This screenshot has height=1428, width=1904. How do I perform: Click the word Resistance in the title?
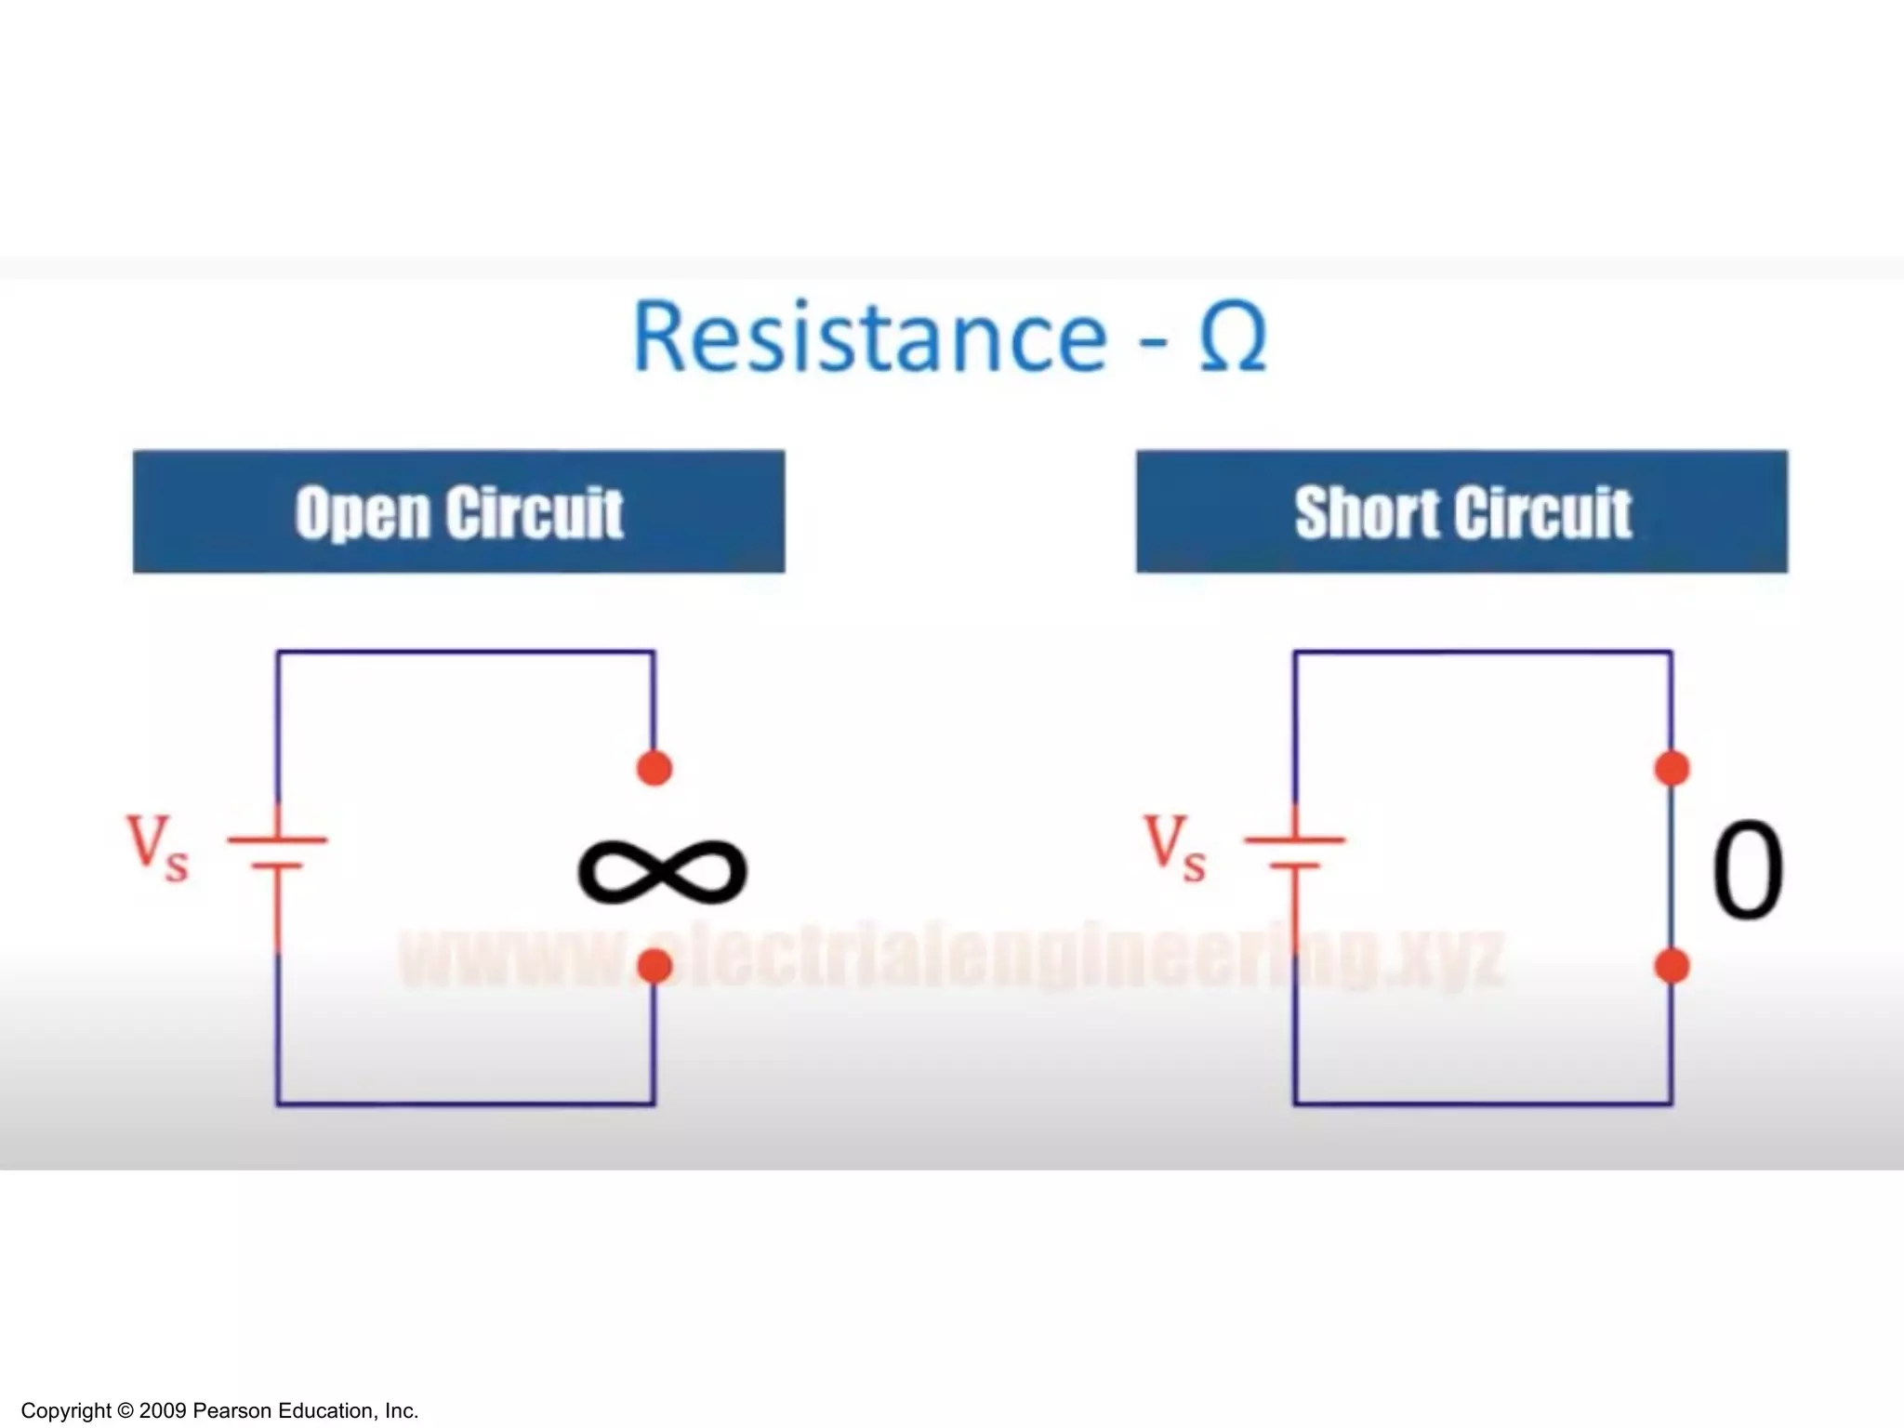tap(869, 337)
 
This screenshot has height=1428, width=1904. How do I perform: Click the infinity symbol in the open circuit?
tap(662, 871)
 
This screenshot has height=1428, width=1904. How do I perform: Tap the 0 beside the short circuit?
tap(1747, 871)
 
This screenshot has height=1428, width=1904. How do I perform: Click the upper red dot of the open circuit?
tap(654, 769)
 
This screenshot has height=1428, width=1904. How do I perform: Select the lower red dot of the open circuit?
tap(654, 967)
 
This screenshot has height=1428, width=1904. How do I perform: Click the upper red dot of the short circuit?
tap(1672, 769)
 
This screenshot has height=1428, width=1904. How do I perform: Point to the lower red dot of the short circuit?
tap(1672, 967)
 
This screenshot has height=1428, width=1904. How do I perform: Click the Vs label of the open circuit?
tap(157, 846)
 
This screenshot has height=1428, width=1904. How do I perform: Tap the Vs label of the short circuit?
tap(1174, 846)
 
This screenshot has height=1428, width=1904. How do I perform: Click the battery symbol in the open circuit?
tap(277, 853)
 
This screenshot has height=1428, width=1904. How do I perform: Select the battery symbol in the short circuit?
tap(1294, 853)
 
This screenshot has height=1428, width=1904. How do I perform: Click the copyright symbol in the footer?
tap(126, 1411)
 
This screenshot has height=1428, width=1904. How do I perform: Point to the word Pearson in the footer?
tap(232, 1411)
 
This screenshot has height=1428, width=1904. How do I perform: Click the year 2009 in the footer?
tap(163, 1411)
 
